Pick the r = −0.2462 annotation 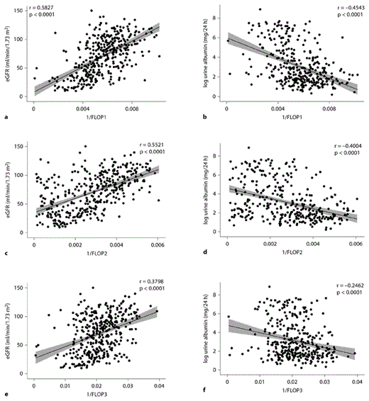coord(344,283)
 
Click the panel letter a coord(6,115)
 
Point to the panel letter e coord(6,392)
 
